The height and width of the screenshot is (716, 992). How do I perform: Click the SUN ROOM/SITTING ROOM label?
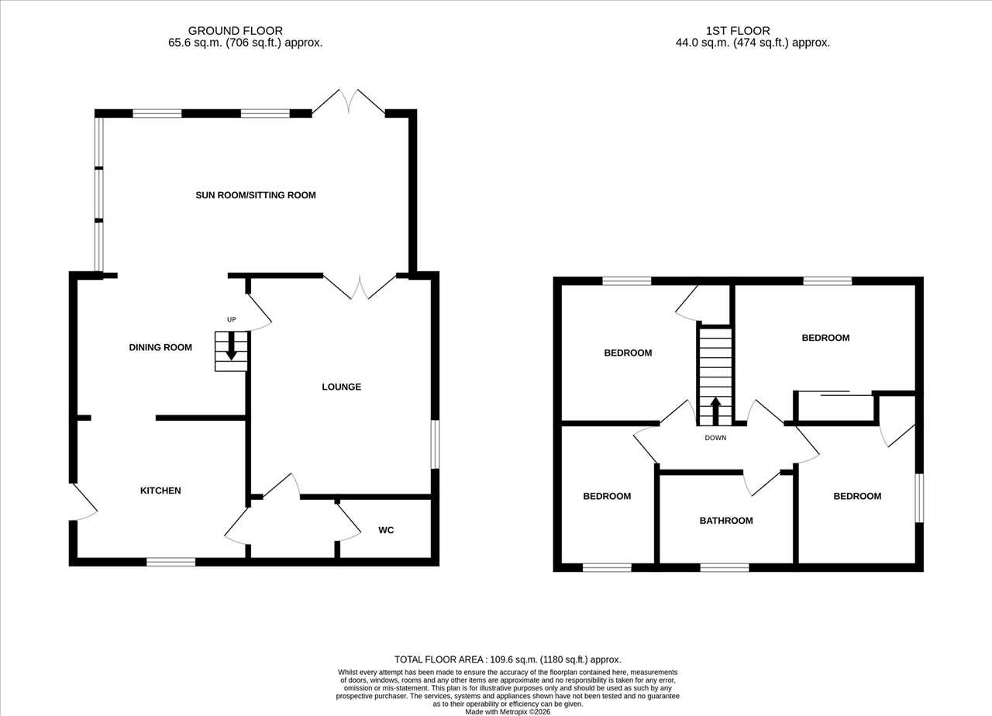tap(256, 195)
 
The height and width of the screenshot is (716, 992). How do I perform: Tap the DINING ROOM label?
tap(160, 348)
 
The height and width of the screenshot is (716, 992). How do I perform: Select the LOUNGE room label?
tap(342, 387)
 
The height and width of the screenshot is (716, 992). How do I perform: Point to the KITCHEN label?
tap(160, 491)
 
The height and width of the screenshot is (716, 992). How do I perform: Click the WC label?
tap(386, 530)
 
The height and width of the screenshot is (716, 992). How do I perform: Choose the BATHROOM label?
tap(726, 521)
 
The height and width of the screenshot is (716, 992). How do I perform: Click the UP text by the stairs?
tap(231, 320)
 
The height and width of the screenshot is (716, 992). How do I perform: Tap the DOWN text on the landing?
tap(715, 438)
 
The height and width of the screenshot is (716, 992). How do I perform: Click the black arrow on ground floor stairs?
tap(231, 346)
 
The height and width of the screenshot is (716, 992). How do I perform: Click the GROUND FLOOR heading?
tap(235, 31)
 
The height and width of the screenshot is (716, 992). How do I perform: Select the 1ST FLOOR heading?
tap(738, 31)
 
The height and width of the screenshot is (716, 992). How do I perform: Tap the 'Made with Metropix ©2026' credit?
tap(508, 712)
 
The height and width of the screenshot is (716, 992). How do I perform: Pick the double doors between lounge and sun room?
tap(360, 287)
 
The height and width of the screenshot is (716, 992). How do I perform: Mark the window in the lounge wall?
tap(436, 444)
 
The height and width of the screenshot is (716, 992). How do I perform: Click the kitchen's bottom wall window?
tap(171, 562)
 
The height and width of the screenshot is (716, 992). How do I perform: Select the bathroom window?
tap(725, 568)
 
